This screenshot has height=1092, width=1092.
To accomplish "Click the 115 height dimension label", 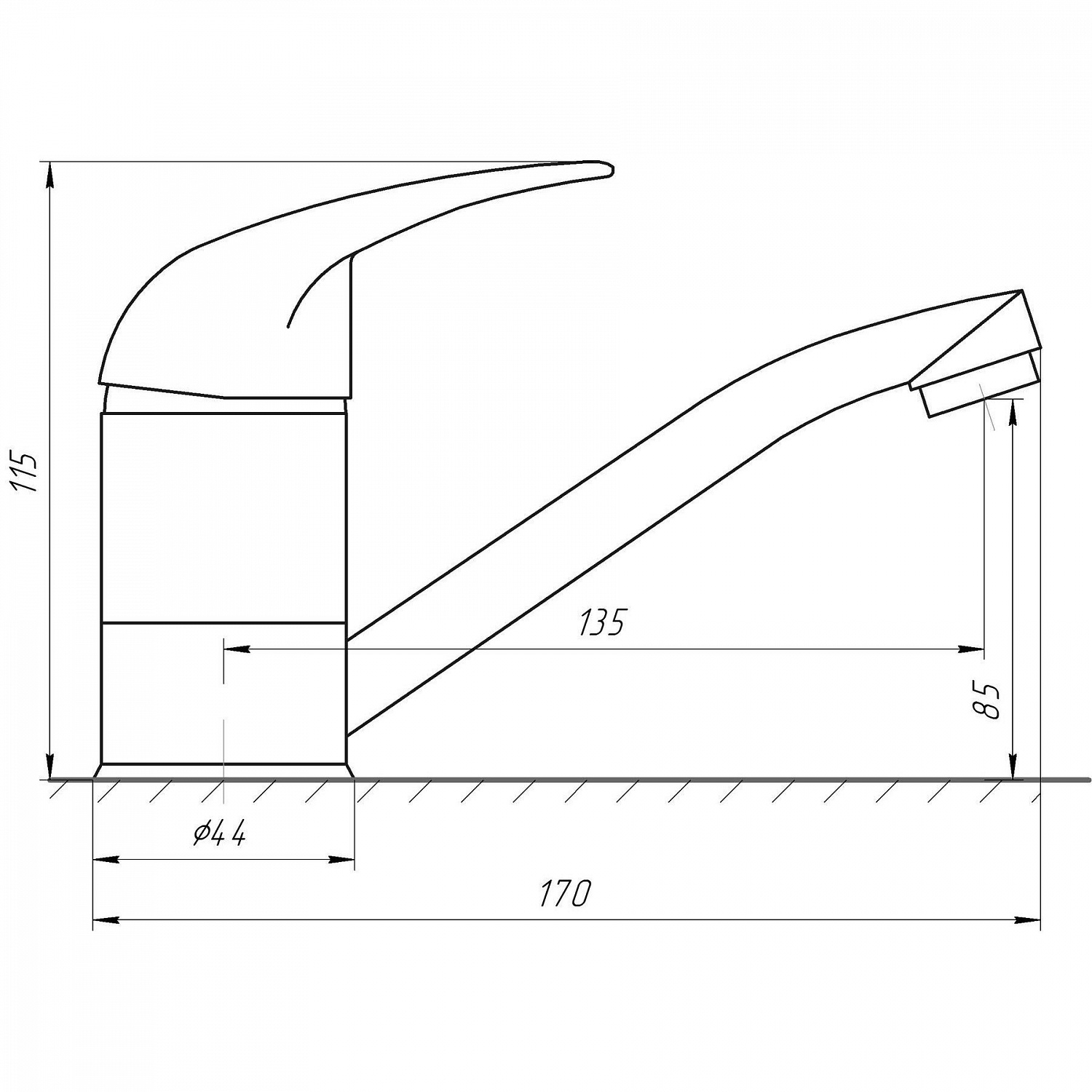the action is click(28, 472).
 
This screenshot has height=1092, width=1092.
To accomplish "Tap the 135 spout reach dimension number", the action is click(602, 623).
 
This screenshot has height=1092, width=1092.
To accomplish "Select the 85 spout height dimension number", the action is click(988, 701).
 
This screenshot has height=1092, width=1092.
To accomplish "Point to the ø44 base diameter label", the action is click(219, 833).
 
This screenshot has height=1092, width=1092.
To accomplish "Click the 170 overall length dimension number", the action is click(566, 893).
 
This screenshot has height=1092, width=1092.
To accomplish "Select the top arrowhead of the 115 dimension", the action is click(50, 174).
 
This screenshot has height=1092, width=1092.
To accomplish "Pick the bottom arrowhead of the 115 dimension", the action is click(50, 767).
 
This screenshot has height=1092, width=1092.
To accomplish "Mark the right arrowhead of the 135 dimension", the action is click(973, 649).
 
